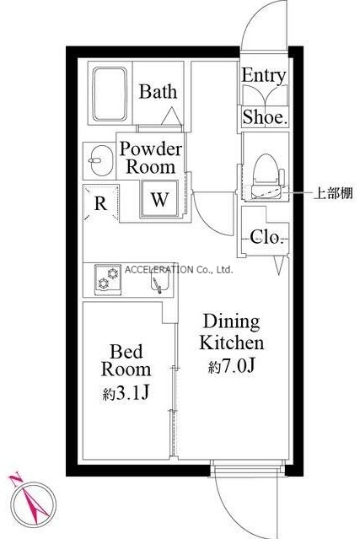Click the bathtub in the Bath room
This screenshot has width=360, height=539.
[110, 94]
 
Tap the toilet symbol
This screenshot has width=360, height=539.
[267, 176]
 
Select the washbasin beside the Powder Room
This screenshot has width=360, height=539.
[100, 161]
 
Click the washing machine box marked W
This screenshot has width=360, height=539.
[159, 199]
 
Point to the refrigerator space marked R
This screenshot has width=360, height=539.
[101, 203]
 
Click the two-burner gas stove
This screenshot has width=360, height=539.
[108, 280]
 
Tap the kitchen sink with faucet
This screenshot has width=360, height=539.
[160, 282]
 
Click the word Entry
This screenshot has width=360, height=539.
[264, 76]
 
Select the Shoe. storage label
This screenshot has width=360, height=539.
[264, 117]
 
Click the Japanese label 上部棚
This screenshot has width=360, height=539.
[333, 193]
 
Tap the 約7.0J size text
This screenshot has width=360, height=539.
[232, 367]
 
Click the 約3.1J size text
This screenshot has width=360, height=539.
[126, 393]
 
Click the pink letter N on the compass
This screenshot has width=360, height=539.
[15, 478]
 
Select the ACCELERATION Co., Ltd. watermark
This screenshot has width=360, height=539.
[179, 270]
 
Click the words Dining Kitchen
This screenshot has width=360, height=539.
[232, 332]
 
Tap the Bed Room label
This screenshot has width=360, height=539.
[126, 360]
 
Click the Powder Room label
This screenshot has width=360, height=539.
[150, 158]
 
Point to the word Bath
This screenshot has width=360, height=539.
[158, 91]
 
